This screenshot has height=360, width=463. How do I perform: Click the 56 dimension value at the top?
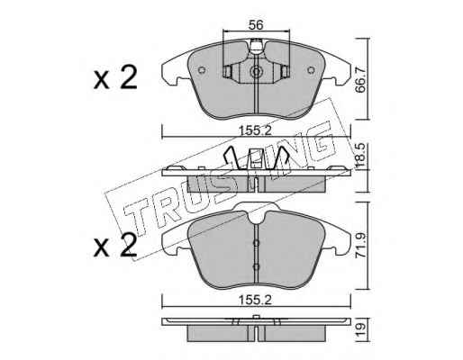[x=256, y=25]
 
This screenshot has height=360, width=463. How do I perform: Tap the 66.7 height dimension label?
[x=360, y=79]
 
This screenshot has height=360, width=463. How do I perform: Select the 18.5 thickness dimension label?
[x=360, y=156]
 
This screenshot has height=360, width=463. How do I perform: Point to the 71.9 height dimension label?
[x=360, y=245]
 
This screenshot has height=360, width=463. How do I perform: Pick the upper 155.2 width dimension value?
[x=255, y=130]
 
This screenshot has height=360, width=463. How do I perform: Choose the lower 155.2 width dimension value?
[x=255, y=300]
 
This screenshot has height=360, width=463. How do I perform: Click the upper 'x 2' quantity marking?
[x=115, y=77]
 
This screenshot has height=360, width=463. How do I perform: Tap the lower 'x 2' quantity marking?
[x=115, y=246]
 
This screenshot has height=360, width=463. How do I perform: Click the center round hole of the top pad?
[x=256, y=72]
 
